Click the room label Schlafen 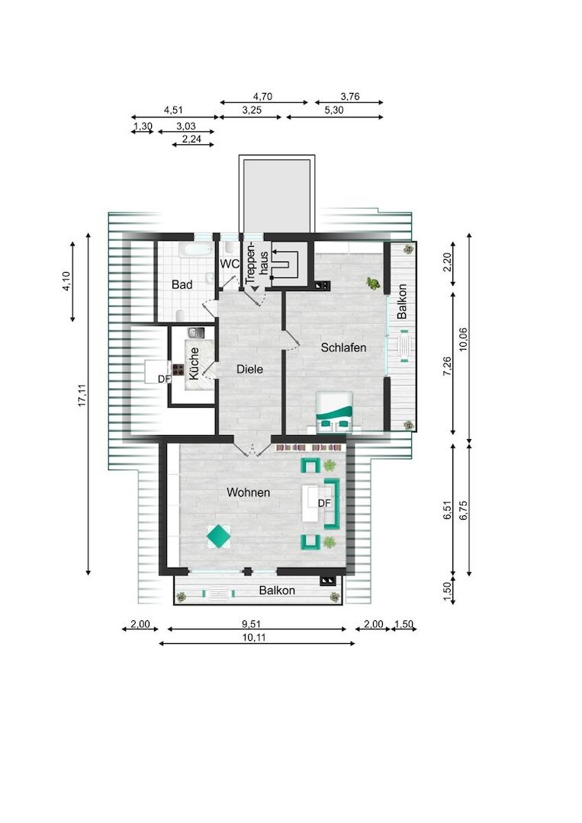tap(343, 347)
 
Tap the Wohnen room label tap(249, 492)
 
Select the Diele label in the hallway tap(249, 369)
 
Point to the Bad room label tap(182, 284)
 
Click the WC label tap(229, 264)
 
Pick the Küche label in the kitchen tap(194, 363)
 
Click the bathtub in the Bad tap(195, 250)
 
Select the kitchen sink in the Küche tap(196, 333)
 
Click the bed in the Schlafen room tap(335, 412)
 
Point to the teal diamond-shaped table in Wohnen tap(219, 536)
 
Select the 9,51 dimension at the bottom tap(251, 624)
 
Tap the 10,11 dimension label tap(254, 638)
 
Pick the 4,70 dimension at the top tap(262, 96)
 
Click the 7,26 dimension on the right tap(447, 366)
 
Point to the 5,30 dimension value tap(334, 110)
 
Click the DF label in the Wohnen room tap(324, 504)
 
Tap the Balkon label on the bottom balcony tap(277, 591)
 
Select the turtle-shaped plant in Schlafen tap(374, 283)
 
